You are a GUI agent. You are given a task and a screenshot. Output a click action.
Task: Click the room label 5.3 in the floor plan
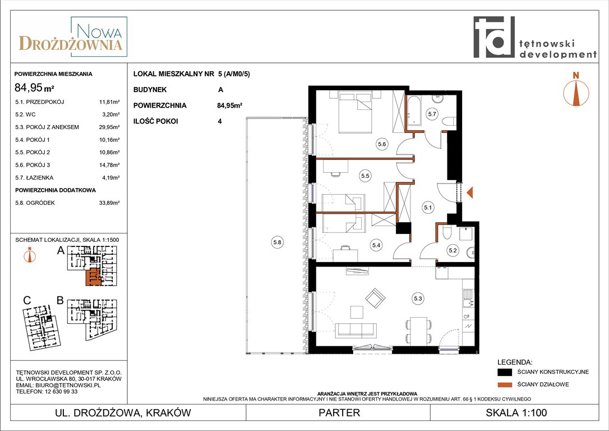[x=418, y=299]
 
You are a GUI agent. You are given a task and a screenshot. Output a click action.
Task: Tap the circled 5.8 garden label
[x=277, y=242]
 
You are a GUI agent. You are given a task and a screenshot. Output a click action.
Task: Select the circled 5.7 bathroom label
[x=432, y=114]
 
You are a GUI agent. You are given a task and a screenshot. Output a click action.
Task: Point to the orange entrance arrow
[x=469, y=192]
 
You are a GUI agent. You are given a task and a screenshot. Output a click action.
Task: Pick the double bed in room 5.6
[x=356, y=112]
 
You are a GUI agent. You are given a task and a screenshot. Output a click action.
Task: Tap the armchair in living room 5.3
[x=375, y=298]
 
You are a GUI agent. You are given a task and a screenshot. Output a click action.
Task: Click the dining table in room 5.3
[x=418, y=330]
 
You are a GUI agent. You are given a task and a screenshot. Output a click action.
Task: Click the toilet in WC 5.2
[x=446, y=232]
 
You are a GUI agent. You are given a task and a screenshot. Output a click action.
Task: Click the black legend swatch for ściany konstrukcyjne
[x=505, y=372]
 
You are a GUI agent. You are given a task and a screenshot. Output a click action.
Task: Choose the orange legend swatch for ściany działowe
[x=505, y=385]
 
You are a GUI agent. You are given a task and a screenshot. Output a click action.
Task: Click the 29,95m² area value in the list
[x=109, y=127]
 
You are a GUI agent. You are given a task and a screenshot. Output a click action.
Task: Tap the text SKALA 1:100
[x=516, y=412]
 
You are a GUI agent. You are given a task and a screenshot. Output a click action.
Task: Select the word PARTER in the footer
[x=339, y=412]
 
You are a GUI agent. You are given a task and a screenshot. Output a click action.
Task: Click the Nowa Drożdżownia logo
[x=73, y=37]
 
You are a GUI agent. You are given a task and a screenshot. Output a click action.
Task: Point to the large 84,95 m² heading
[x=34, y=88]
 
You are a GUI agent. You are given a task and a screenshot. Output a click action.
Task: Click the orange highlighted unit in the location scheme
[x=93, y=277]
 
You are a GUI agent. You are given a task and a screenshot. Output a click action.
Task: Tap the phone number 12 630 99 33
[x=58, y=391]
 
